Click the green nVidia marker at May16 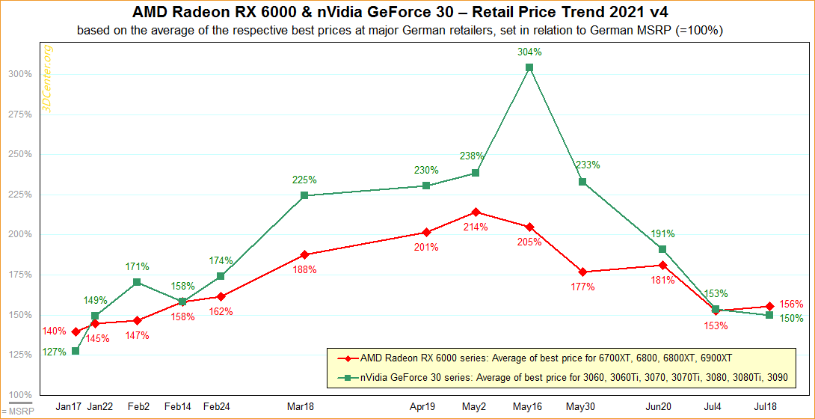click(529, 67)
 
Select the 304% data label click(529, 52)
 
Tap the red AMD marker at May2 click(476, 212)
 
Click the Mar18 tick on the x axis click(301, 406)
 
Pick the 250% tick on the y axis click(21, 154)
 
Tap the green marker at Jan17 click(76, 351)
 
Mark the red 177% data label click(582, 287)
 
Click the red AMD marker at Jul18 click(770, 306)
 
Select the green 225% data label click(304, 180)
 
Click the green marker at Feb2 click(137, 282)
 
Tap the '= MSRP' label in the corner click(13, 411)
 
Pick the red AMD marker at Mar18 click(304, 254)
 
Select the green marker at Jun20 click(662, 248)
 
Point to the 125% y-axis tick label click(21, 355)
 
